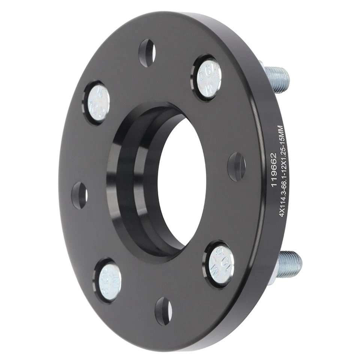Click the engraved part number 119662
tap(273, 166)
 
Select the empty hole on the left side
tap(79, 195)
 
